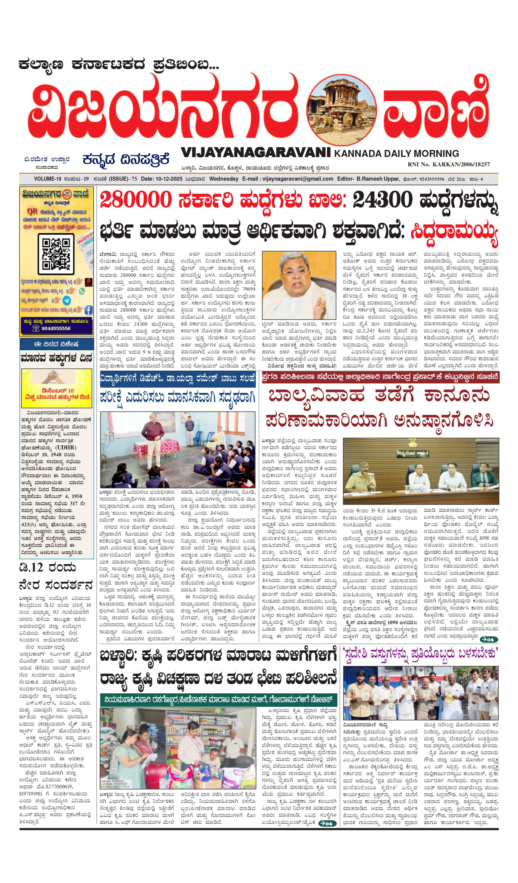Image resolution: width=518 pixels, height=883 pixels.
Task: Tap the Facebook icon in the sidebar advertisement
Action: tap(88, 310)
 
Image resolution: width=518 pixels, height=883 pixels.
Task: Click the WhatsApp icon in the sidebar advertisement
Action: tap(82, 291)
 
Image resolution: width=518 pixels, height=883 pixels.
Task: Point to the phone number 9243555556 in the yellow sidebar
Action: tap(56, 329)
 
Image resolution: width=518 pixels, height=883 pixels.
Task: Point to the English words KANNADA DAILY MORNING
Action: tap(396, 154)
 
